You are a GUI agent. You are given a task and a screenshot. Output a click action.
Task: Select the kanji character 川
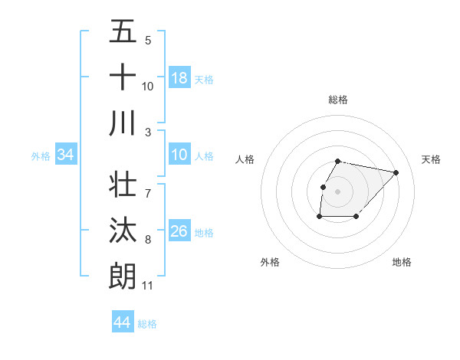click(x=123, y=123)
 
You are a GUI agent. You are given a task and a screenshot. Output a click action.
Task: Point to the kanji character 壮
click(x=123, y=184)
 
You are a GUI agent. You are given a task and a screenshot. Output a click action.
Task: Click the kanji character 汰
click(x=123, y=230)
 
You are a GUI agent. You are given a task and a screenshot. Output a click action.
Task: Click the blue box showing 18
click(x=179, y=78)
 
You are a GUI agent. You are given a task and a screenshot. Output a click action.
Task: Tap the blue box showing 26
click(x=179, y=232)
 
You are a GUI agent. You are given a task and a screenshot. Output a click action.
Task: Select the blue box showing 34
click(x=66, y=155)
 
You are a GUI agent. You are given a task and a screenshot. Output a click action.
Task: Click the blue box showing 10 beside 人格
click(x=179, y=155)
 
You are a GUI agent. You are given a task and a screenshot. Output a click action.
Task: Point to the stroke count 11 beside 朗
click(x=147, y=286)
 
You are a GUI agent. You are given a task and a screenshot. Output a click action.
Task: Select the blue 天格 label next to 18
click(x=204, y=79)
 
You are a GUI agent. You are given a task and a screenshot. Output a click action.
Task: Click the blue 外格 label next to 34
click(x=41, y=156)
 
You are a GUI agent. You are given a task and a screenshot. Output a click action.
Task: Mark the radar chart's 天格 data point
click(x=396, y=173)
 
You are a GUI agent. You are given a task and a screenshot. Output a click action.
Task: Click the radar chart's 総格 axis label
click(x=338, y=100)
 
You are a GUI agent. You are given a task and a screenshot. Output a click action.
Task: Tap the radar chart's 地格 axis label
click(x=402, y=262)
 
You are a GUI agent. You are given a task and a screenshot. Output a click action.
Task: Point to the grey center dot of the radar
click(x=338, y=191)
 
